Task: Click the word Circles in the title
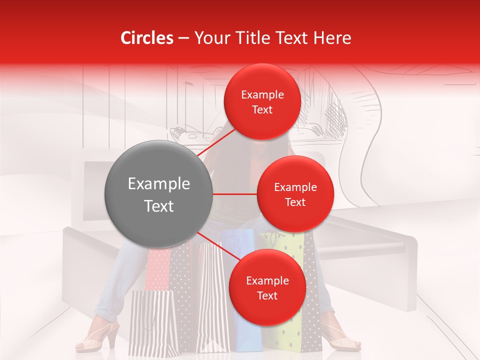click(x=147, y=38)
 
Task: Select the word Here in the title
click(x=332, y=38)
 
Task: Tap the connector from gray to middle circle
click(x=235, y=194)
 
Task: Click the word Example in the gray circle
click(x=158, y=184)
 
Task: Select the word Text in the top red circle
click(x=262, y=110)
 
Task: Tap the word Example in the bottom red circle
click(x=267, y=281)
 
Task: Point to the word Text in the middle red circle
click(x=295, y=202)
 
